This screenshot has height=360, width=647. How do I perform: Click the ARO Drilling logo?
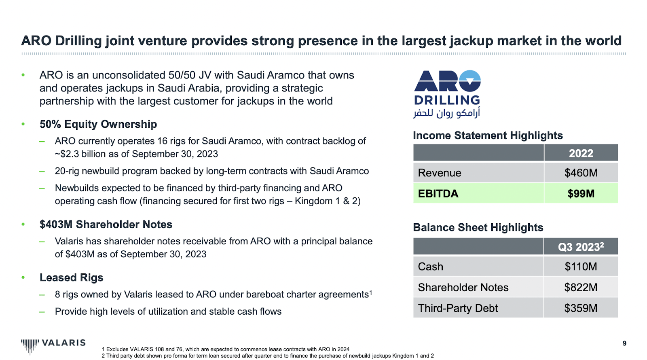pos(447,94)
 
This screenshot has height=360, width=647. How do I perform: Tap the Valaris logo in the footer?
pos(53,346)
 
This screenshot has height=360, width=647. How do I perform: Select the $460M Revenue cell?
pos(581,173)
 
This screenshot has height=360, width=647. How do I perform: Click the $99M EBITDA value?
pos(581,194)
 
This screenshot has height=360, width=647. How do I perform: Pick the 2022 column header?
pos(581,153)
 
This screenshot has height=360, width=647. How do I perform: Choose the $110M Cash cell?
pos(581,267)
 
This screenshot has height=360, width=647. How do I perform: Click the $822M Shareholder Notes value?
pos(581,288)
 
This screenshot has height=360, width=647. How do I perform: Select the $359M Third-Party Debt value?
pos(581,308)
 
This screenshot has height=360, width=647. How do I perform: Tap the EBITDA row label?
pos(438,194)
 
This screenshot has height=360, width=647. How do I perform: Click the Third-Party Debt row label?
pos(458,308)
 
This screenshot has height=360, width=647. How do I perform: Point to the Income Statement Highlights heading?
pos(488,136)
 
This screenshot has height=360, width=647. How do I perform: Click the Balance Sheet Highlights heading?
pos(478,227)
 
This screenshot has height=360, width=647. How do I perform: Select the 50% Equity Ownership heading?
pos(98,124)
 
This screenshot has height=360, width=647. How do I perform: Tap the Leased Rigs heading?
pos(71,277)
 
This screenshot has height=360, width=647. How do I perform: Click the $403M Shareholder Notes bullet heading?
pos(106,224)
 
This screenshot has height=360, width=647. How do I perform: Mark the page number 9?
pos(624,343)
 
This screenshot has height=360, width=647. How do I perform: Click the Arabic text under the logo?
pos(446,113)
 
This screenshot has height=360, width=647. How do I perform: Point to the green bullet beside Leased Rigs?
pos(23,277)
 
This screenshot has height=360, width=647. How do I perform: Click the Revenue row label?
pos(439,173)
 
